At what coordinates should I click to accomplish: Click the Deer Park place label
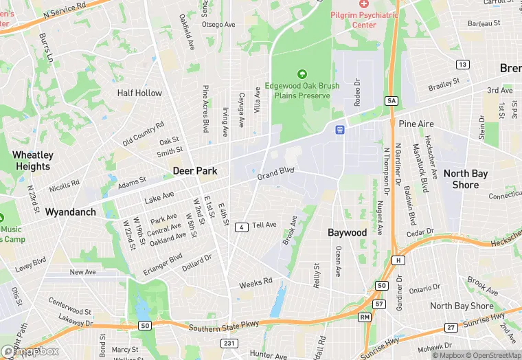[195, 170]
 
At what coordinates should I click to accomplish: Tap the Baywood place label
[347, 233]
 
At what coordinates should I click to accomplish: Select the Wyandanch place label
[71, 212]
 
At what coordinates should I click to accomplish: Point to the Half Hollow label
[139, 93]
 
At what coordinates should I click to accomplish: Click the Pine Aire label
[416, 124]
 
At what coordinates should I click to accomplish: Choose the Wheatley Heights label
[32, 161]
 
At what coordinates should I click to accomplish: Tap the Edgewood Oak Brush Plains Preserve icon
[301, 74]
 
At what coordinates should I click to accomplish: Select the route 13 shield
[463, 65]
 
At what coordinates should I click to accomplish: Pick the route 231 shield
[229, 343]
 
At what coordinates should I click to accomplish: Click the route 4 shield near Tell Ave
[242, 227]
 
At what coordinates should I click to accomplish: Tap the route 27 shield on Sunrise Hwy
[451, 327]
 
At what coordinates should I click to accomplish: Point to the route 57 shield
[379, 303]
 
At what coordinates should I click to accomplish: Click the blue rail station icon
[339, 129]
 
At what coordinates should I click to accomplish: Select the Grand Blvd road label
[275, 175]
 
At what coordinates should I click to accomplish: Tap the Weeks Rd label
[256, 282]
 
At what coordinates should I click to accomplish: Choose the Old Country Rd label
[144, 133]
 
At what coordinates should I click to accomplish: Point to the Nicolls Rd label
[64, 186]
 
